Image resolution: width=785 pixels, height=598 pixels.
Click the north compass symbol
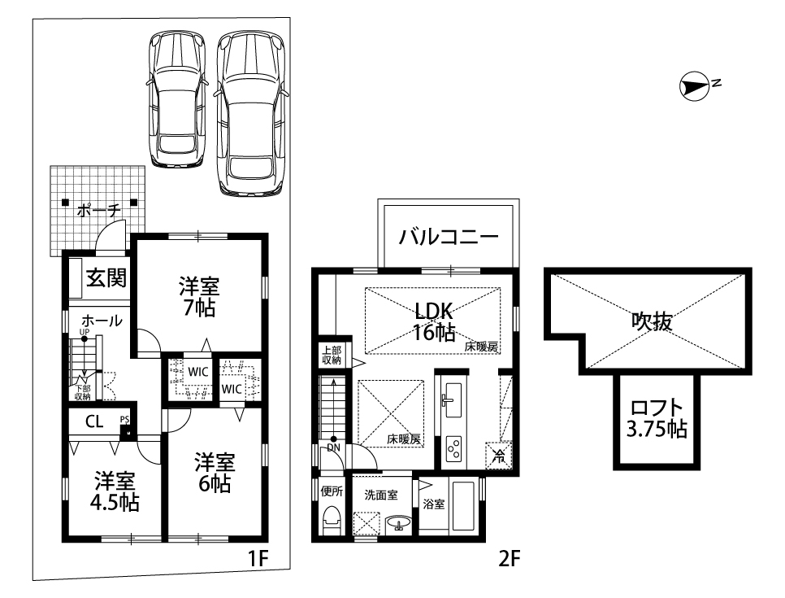(694, 86)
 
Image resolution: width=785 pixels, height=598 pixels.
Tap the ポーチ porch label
(99, 211)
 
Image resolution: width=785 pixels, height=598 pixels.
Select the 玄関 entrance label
(106, 277)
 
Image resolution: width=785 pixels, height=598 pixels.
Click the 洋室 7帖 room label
(199, 296)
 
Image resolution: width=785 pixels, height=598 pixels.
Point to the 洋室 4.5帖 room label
(115, 491)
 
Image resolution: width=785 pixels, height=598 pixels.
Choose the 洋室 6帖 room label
(215, 472)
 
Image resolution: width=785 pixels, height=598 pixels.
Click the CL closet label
(94, 421)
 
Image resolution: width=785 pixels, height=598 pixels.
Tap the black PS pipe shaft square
(128, 433)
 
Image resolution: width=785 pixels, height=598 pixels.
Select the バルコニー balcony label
(449, 236)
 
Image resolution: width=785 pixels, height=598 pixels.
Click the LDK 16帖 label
(434, 321)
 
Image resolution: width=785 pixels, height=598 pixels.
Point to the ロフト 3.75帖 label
(657, 418)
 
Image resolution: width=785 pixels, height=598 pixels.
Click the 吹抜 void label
(652, 321)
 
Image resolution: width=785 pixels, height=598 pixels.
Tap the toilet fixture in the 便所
(332, 521)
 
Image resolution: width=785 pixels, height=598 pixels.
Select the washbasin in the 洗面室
(398, 523)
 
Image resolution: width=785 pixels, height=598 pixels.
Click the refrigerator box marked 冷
(499, 455)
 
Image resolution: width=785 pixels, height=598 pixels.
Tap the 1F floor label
(259, 558)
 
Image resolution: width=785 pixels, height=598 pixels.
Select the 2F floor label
(510, 558)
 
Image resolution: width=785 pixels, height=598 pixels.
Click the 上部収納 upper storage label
(332, 356)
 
